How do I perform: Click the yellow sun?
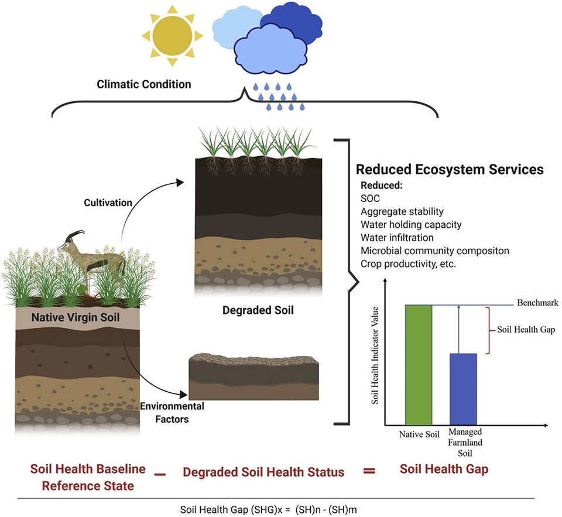(173, 35)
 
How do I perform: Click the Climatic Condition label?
(144, 84)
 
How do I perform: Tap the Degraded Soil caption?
(258, 310)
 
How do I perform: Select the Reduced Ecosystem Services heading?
(450, 170)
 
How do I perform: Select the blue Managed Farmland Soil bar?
(462, 389)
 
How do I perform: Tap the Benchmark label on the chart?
(537, 303)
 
